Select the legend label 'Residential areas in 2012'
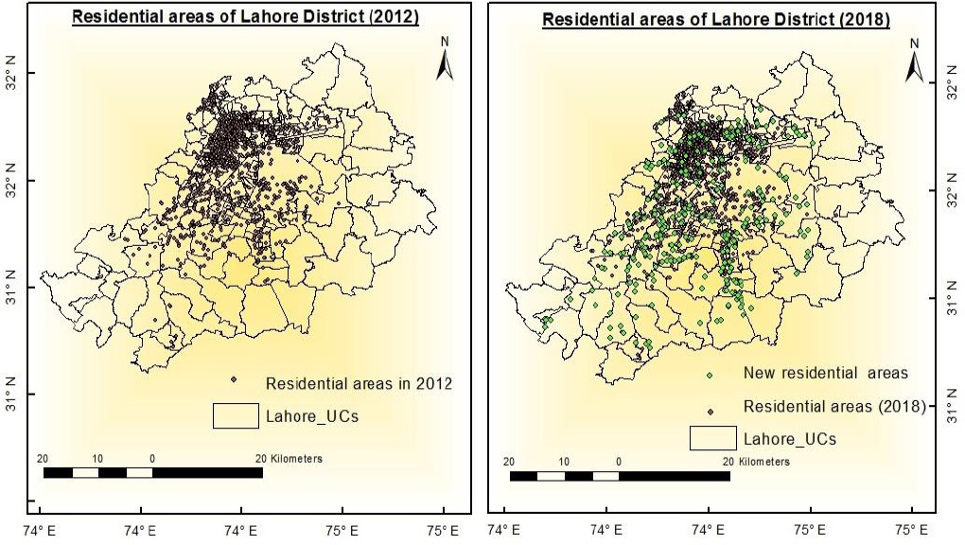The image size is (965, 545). coord(360,384)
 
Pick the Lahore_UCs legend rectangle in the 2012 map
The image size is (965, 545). coord(236,415)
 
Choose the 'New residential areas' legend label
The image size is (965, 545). coord(825,373)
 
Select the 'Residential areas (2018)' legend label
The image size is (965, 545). coord(833,407)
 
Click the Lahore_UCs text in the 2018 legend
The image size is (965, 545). coord(790,439)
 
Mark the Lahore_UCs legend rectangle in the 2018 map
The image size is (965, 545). coord(713,438)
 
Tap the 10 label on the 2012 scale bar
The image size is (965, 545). coord(98,458)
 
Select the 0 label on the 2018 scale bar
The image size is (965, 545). coord(619,462)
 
